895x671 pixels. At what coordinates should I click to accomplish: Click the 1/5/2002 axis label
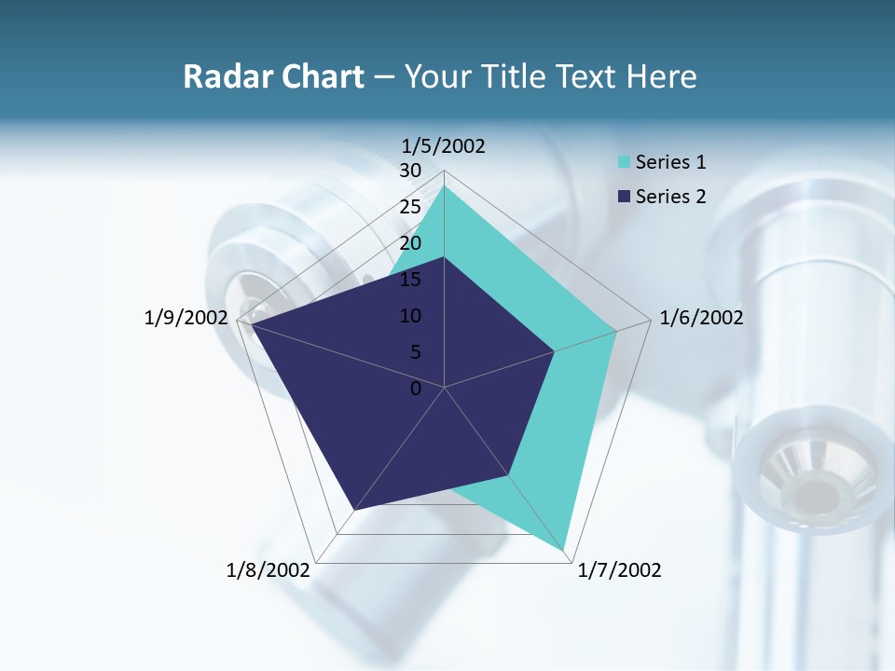443,145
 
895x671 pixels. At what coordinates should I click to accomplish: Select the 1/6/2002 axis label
701,318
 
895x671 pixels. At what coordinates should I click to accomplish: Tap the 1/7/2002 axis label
619,570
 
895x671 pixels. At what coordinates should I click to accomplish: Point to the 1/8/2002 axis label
268,570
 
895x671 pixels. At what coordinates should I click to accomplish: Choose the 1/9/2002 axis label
186,318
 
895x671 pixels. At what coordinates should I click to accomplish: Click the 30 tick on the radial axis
409,171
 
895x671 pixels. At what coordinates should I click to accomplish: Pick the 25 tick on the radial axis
409,207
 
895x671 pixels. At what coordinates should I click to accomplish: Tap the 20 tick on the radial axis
409,243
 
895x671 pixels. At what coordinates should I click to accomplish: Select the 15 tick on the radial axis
409,280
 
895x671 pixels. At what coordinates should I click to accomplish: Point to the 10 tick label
409,316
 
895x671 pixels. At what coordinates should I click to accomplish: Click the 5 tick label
415,352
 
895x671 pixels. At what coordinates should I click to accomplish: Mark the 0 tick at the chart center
416,389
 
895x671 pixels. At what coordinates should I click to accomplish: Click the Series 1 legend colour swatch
624,163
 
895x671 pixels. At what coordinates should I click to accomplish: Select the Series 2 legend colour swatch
624,197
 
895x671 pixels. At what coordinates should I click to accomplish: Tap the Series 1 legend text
670,163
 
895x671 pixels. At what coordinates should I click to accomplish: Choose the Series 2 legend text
670,197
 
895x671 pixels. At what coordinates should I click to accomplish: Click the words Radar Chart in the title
273,76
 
